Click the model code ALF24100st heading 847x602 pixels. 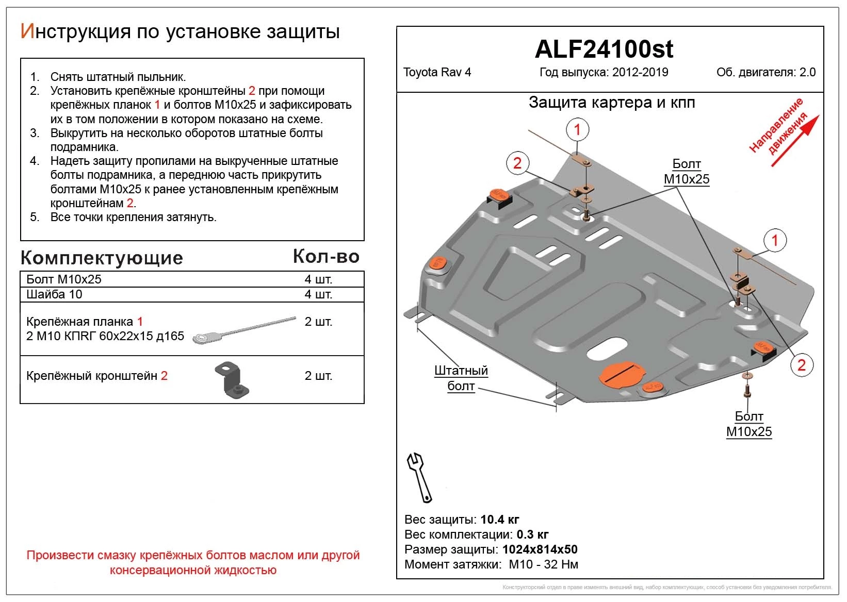604,49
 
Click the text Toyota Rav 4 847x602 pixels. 436,72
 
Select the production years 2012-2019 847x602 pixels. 640,72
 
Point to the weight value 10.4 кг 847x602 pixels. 499,519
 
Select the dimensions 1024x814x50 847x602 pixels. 540,549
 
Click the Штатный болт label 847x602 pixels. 461,378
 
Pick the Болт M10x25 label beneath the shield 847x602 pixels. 748,424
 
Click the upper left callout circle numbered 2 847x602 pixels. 517,163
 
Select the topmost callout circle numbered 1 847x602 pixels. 577,129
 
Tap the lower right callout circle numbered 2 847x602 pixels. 801,365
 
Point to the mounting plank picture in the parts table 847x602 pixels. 243,330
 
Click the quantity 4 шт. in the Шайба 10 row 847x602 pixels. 318,294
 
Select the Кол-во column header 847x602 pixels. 326,257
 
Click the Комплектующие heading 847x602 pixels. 102,258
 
